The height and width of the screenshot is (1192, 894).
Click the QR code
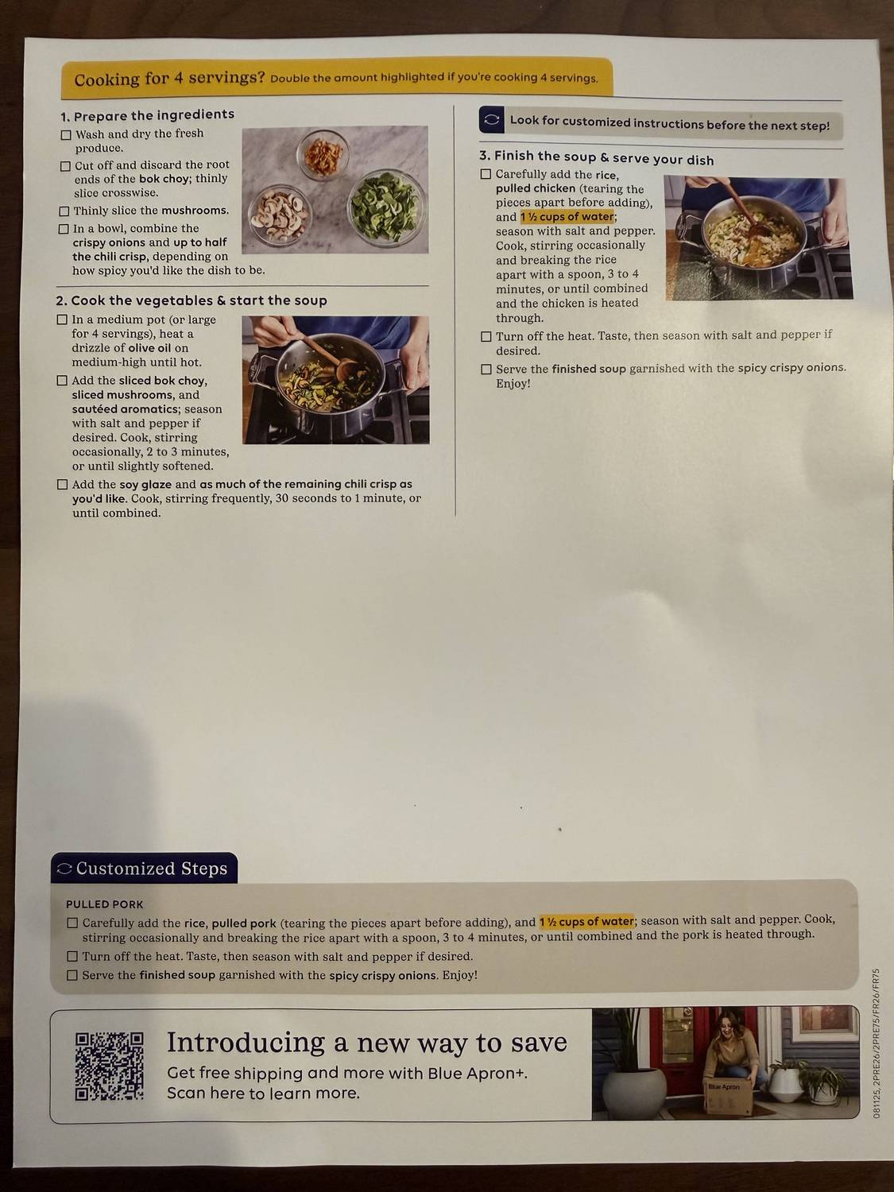pos(109,1066)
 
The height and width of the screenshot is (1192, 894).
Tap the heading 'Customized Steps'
pos(151,869)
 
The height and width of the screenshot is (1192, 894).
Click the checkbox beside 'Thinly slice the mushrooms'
pos(64,211)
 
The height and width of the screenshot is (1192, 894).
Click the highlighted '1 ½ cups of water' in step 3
pos(567,217)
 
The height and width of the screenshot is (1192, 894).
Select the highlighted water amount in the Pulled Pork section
pos(586,922)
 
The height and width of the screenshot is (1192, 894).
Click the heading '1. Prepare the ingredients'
pos(147,115)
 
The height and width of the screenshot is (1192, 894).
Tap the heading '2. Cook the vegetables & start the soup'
pos(192,300)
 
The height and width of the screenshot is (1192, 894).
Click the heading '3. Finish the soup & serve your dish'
pos(596,157)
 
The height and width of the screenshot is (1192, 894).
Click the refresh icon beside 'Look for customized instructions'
pos(492,120)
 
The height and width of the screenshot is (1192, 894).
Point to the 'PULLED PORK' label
pos(105,904)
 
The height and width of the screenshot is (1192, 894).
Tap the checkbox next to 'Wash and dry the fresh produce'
pos(67,135)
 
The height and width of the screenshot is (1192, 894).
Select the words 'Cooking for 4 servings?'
pos(169,79)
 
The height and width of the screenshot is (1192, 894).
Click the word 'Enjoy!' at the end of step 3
pos(513,384)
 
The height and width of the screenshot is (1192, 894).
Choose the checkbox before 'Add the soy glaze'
pos(62,485)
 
